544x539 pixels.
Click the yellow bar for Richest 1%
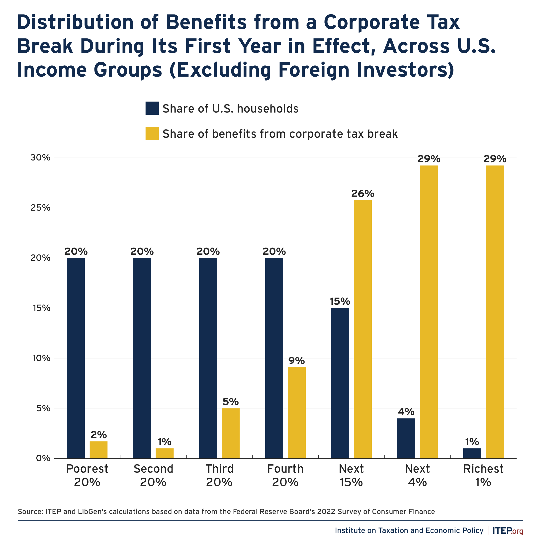tap(494, 312)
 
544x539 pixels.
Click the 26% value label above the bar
tap(363, 194)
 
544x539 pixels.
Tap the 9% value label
tap(296, 361)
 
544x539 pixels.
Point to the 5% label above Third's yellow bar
tap(230, 402)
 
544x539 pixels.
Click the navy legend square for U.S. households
tap(152, 108)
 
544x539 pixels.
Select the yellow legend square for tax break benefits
tap(152, 134)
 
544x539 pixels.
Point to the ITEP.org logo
tap(507, 531)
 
